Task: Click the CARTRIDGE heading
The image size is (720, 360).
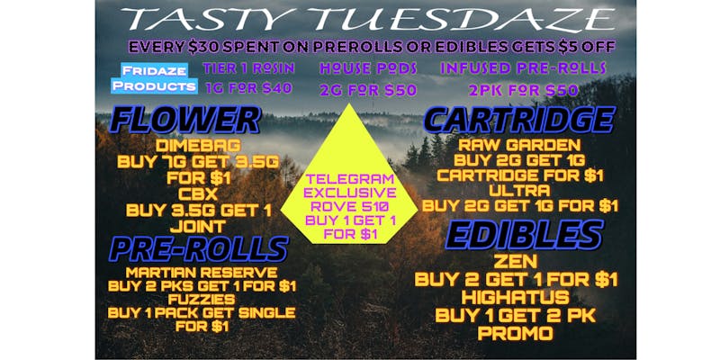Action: pyautogui.click(x=520, y=121)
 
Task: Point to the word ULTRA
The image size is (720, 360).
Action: pyautogui.click(x=519, y=190)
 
